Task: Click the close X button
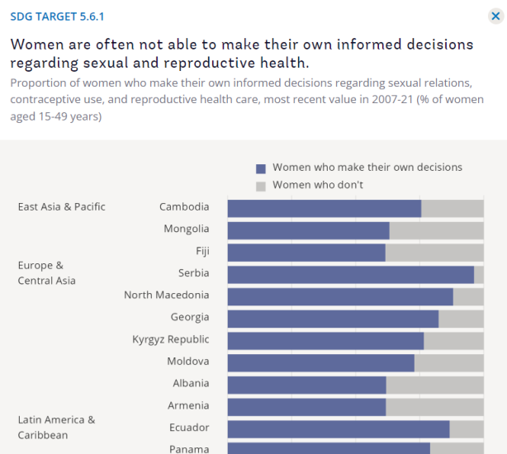pos(495,16)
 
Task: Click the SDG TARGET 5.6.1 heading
pos(58,17)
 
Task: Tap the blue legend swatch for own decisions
pos(261,168)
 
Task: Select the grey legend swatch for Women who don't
pos(261,186)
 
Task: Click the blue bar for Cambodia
pos(324,208)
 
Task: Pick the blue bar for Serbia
pos(350,274)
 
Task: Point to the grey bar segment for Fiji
pos(434,252)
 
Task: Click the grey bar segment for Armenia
pos(434,406)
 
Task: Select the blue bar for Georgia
pos(333,318)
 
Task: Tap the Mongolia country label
pos(186,229)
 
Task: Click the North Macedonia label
pos(166,296)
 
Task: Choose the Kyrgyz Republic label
pos(170,339)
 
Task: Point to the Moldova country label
pos(187,362)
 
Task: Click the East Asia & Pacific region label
pos(62,207)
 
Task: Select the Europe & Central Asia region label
pos(47,273)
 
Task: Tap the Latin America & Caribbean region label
pos(56,428)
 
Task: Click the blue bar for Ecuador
pos(338,428)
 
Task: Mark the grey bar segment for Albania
pos(434,384)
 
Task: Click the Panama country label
pos(189,449)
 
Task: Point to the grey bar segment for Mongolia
pos(436,230)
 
